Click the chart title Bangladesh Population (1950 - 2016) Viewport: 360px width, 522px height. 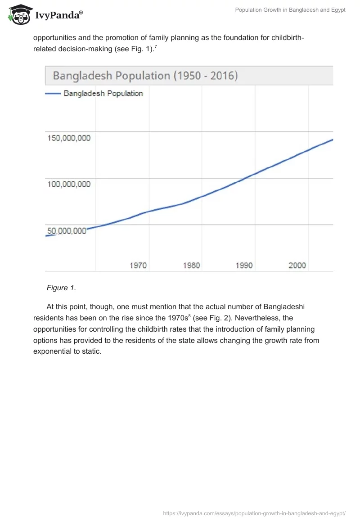pos(145,75)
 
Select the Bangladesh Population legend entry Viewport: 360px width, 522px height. pos(103,94)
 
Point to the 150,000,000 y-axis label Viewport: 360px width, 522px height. pos(69,138)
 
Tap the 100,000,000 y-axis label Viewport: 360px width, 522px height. pos(69,184)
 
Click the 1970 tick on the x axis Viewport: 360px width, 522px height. pos(138,265)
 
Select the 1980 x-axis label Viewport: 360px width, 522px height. pos(191,265)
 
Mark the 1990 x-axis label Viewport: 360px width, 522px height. pos(244,265)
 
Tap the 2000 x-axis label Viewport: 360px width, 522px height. pos(297,265)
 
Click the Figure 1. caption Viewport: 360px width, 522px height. pos(60,288)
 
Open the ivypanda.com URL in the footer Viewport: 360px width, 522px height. pos(255,513)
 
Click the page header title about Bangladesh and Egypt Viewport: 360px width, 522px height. pos(290,10)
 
